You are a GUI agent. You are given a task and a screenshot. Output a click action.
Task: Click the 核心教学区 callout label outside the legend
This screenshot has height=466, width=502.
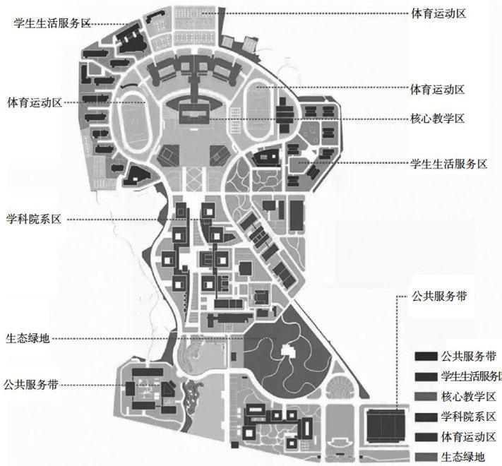pyautogui.click(x=437, y=119)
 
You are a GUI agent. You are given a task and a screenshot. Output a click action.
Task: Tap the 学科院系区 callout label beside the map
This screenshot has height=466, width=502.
pyautogui.click(x=35, y=219)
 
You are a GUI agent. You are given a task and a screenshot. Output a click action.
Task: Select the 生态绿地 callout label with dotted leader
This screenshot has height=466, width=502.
pyautogui.click(x=28, y=338)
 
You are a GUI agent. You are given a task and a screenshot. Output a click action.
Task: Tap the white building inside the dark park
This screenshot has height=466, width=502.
pyautogui.click(x=289, y=348)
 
